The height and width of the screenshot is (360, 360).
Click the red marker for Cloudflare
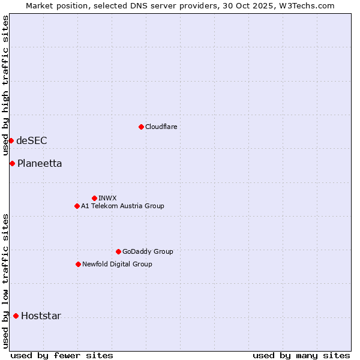click(141, 127)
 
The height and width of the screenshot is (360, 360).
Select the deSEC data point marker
click(11, 140)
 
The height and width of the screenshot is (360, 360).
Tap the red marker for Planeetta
click(12, 163)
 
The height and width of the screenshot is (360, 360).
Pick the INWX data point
click(94, 198)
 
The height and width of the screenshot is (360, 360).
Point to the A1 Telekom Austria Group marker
click(77, 206)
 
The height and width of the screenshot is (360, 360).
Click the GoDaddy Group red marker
click(118, 251)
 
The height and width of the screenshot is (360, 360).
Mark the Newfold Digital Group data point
click(78, 264)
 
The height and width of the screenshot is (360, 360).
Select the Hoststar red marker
click(16, 316)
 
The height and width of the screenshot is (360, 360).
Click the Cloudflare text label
click(161, 127)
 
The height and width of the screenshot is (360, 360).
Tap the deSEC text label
click(32, 140)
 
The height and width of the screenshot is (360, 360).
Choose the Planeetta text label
click(40, 163)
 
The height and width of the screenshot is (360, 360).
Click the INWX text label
click(107, 198)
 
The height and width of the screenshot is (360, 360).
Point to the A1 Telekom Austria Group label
click(122, 206)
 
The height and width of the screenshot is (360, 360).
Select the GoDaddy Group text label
click(148, 251)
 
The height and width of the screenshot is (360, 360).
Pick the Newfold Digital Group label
click(117, 264)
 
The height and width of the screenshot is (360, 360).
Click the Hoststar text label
click(41, 316)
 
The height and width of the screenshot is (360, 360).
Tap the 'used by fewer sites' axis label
click(62, 355)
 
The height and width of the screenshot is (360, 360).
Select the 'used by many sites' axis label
click(301, 355)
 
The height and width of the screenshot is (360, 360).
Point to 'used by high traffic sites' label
click(5, 86)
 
